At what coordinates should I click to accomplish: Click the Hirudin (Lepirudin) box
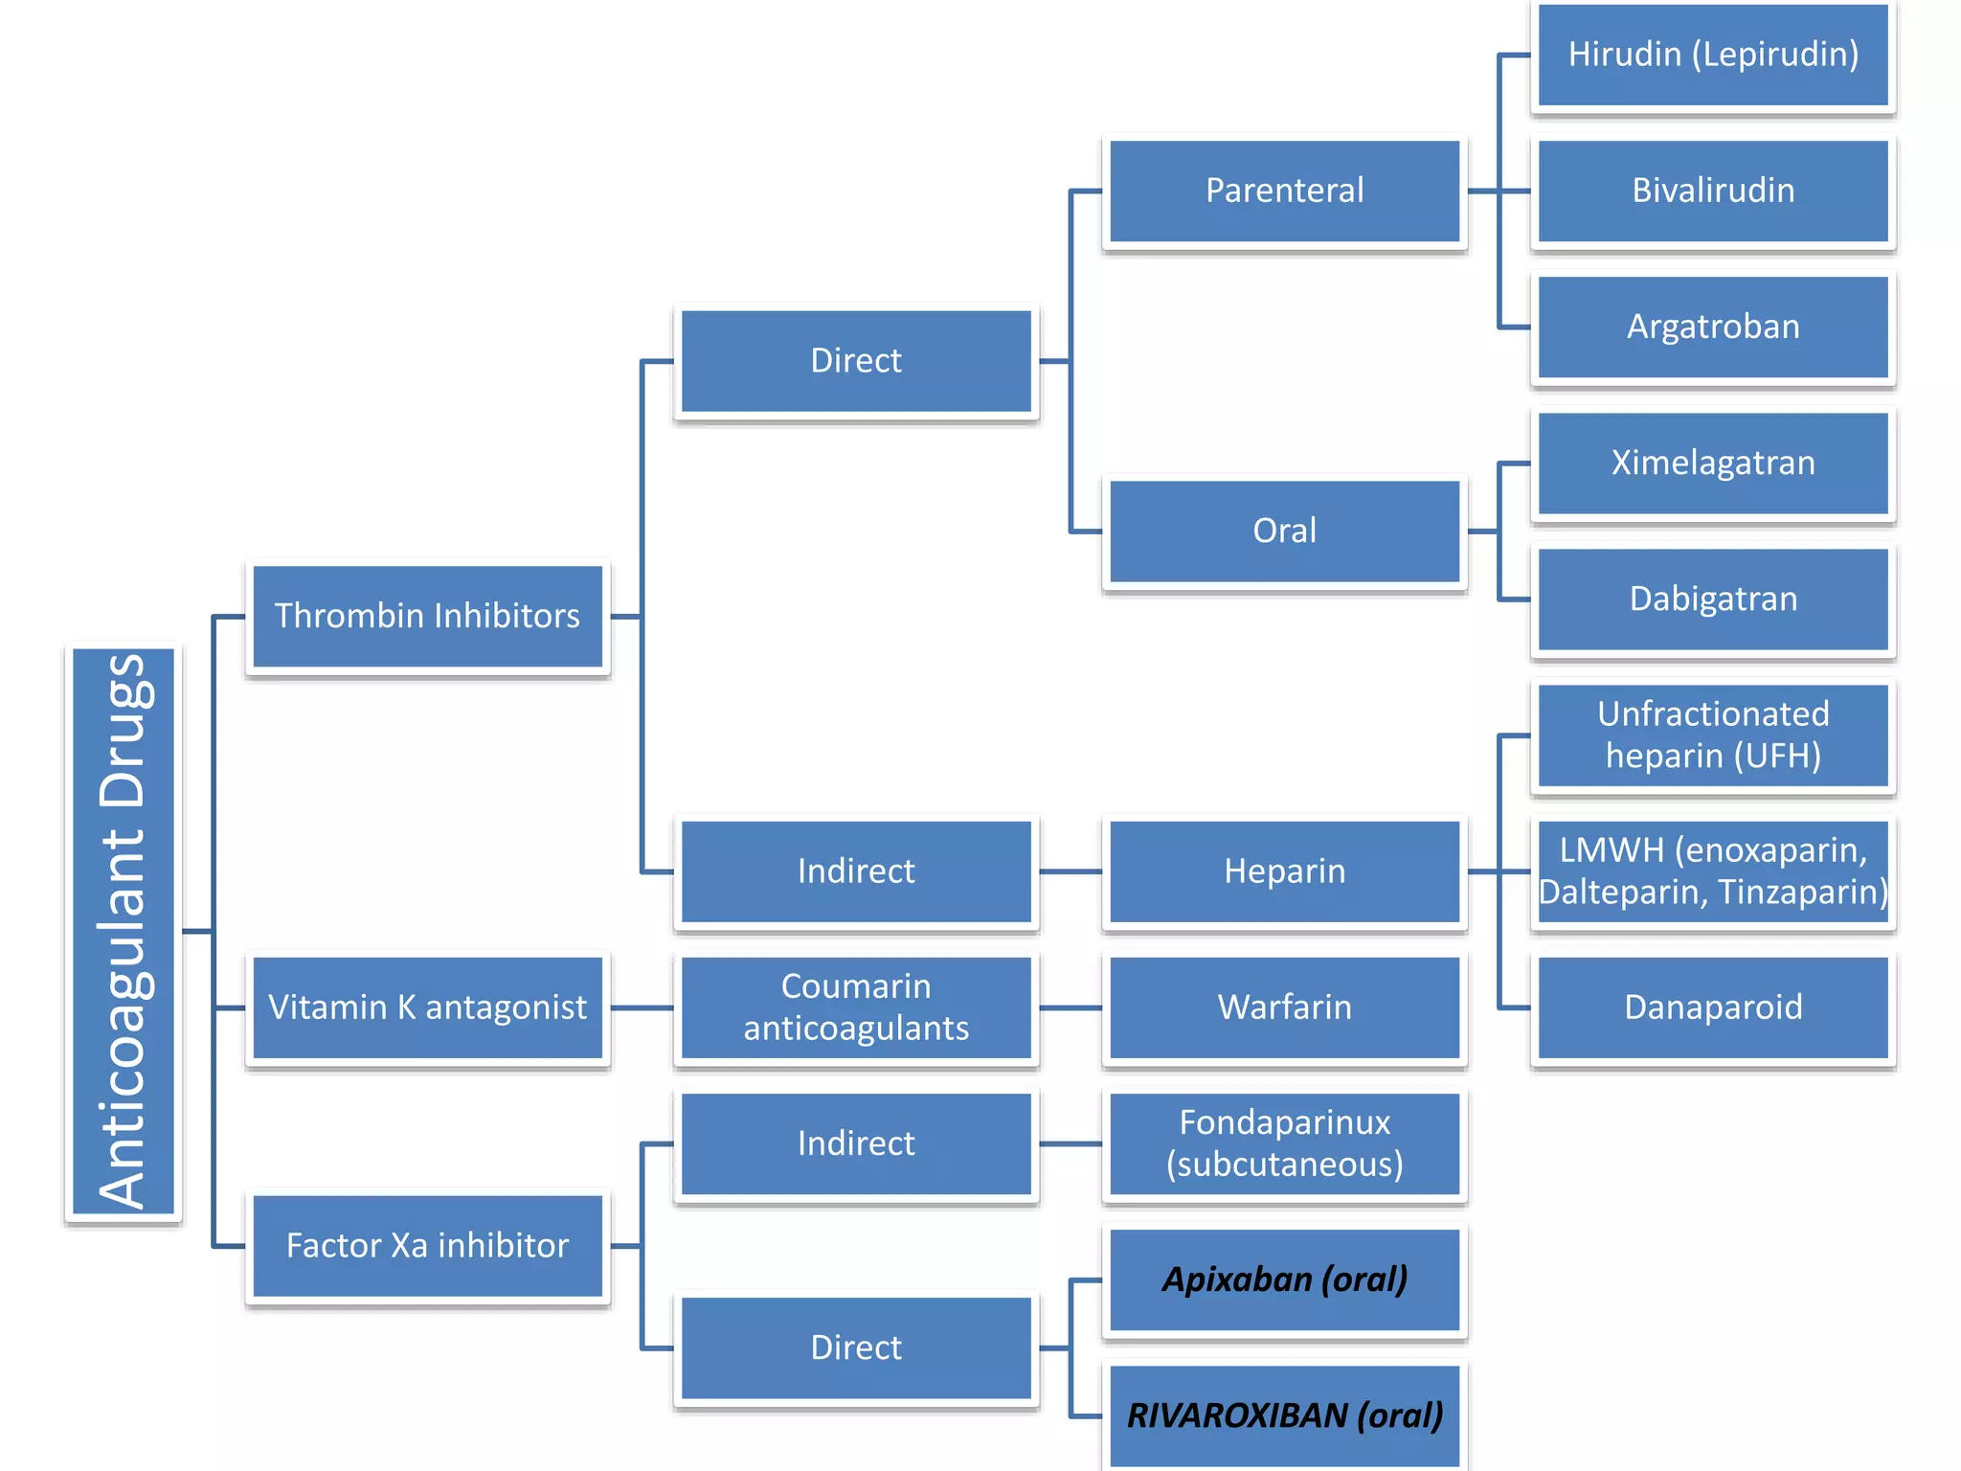pos(1713,56)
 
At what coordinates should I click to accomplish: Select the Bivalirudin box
pos(1713,192)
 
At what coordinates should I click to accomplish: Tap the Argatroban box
pos(1713,328)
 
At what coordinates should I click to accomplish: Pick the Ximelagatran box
pos(1713,464)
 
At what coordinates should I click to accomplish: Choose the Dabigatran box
pos(1713,600)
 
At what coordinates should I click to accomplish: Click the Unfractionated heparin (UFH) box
pos(1713,735)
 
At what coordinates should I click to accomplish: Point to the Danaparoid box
pos(1713,1007)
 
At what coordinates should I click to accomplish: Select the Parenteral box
pos(1284,192)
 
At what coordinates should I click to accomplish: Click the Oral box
pos(1284,532)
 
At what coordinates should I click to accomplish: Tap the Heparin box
pos(1284,871)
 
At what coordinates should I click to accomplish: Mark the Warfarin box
pos(1284,1007)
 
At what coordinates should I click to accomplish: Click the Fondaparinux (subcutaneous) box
pos(1284,1143)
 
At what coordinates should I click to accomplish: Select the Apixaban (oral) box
pos(1284,1279)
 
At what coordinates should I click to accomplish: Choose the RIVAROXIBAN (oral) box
pos(1284,1415)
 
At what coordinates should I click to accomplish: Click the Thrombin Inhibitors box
pos(427,617)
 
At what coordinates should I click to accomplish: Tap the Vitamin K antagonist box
pos(427,1007)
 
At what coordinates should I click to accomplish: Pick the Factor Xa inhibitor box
pos(427,1246)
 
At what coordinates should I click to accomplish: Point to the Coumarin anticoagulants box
pos(856,1007)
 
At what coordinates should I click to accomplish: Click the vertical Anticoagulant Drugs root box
pos(124,931)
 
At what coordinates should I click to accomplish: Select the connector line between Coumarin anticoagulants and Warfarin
pos(1071,1007)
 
